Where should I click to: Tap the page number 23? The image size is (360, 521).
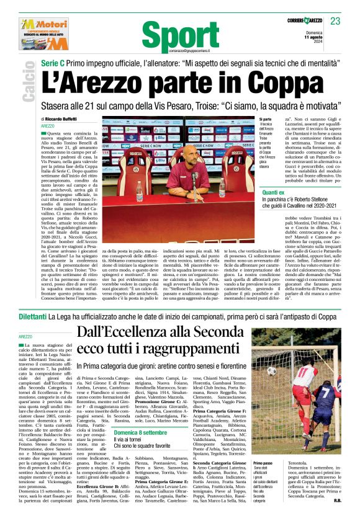point(335,21)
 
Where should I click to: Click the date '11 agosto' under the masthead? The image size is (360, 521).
point(333,38)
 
